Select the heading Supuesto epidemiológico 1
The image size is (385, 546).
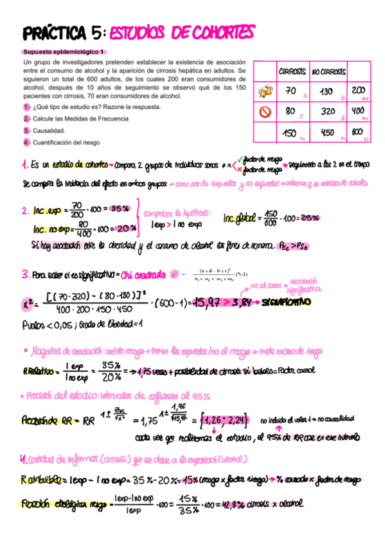click(64, 52)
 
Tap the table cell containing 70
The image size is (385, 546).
click(291, 91)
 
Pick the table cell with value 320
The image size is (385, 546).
click(327, 111)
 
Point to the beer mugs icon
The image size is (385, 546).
click(264, 91)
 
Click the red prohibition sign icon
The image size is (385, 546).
click(264, 112)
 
